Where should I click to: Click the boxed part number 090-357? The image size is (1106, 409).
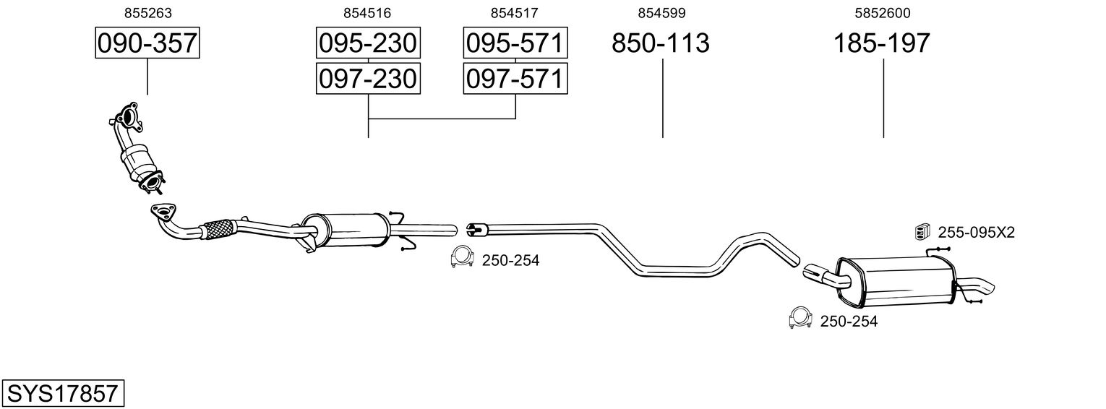(x=147, y=43)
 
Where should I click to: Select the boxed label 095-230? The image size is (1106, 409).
(x=368, y=43)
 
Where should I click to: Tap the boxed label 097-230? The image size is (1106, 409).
(x=368, y=78)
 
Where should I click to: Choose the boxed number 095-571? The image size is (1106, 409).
(x=515, y=43)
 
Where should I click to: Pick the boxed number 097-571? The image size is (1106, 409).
(x=515, y=78)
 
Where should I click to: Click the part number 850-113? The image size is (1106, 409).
(x=661, y=43)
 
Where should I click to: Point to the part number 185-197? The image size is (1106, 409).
(x=882, y=43)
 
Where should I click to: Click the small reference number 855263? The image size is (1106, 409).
(x=147, y=13)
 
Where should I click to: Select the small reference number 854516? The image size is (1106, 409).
(x=368, y=13)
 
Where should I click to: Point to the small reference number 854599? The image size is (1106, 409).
(x=661, y=13)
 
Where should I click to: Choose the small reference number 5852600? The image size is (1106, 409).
(x=882, y=13)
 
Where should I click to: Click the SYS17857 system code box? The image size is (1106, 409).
(x=63, y=394)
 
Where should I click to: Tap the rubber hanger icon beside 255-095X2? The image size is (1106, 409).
(x=922, y=231)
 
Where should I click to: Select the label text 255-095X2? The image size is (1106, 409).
(x=976, y=233)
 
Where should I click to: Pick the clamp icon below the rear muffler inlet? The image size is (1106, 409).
(x=800, y=317)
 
